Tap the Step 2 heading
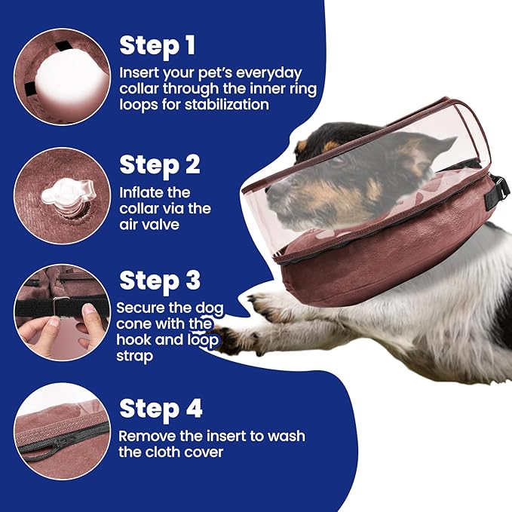(x=159, y=164)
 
